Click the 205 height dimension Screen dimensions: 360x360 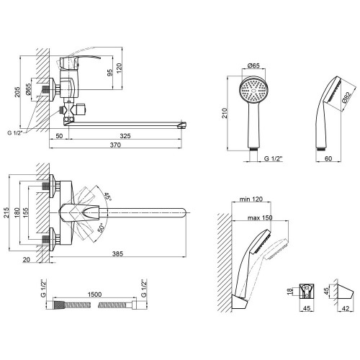coord(17,91)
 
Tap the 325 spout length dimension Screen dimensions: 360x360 coord(125,136)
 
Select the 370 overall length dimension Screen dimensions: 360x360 coord(115,145)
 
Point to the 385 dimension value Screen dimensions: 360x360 coord(117,253)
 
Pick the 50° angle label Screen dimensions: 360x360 coord(102,228)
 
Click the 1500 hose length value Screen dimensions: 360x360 coord(94,294)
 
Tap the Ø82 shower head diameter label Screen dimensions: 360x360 coord(348,97)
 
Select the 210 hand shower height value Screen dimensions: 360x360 coord(225,113)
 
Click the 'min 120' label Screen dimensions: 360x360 coord(251,199)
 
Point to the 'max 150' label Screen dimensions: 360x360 coord(260,217)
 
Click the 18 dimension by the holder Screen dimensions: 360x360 coord(290,292)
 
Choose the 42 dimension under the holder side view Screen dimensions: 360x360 coord(345,308)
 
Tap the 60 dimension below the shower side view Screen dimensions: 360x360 coord(328,158)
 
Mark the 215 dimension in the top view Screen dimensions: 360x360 coord(6,212)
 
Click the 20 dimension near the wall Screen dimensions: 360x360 coord(27,260)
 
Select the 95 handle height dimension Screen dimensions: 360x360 coord(109,73)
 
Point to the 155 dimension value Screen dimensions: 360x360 coord(25,212)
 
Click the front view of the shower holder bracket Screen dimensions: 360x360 coord(307,291)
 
